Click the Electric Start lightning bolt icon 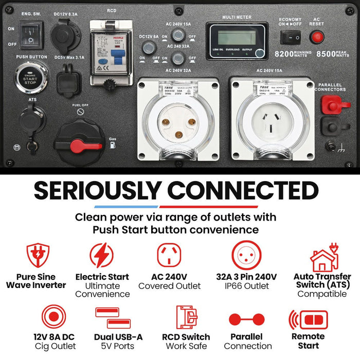coord(102,255)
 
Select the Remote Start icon coord(308,320)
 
